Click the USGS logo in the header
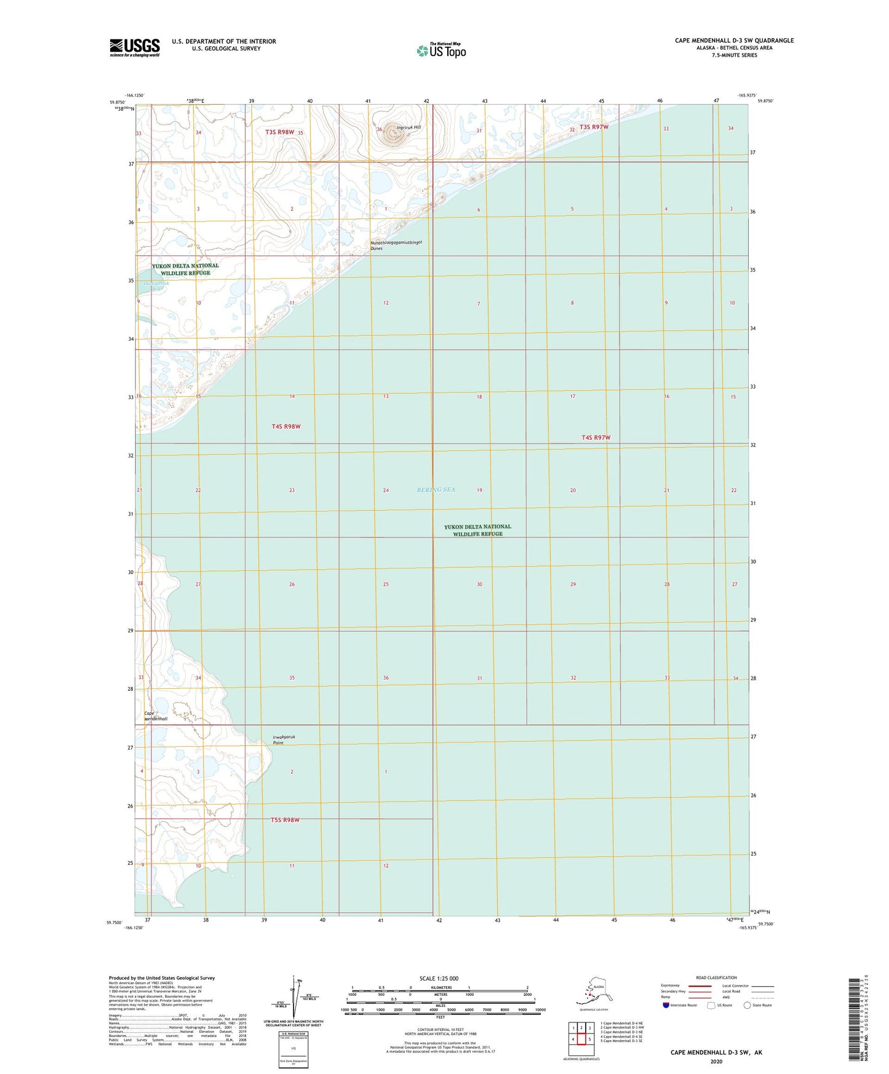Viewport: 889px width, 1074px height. coord(135,47)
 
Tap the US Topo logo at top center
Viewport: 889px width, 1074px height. coord(441,50)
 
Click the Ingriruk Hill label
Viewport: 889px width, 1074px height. coord(409,127)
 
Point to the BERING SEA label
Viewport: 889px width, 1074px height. coord(436,490)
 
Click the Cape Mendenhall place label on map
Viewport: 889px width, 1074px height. coord(156,716)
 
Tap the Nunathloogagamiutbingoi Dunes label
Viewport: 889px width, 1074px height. coord(396,245)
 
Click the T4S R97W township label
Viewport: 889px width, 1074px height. coord(596,437)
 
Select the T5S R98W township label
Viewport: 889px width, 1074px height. coord(285,820)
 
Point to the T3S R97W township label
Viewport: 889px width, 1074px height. coord(594,127)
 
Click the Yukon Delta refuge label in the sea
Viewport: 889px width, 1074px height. coord(477,530)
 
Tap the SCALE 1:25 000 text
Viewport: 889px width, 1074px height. coord(439,978)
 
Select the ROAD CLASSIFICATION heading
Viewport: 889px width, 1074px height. coord(716,977)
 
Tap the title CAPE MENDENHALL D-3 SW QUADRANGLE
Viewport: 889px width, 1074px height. coord(734,41)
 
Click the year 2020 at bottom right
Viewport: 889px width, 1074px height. coord(716,1061)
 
